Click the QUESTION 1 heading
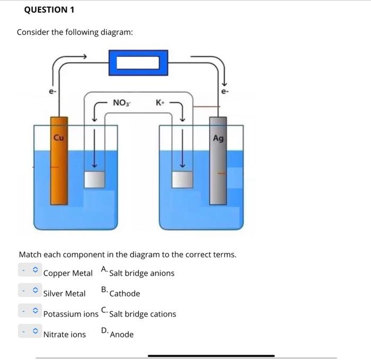pos(49,10)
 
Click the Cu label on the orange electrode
pos(59,138)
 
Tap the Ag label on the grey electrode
pos(218,138)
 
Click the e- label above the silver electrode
pos(225,92)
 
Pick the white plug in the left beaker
pos(95,180)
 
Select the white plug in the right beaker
pos(181,179)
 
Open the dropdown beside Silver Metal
pos(30,291)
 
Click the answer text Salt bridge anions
pos(142,273)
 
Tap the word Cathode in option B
pos(125,293)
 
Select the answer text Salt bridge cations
pos(143,314)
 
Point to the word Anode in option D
pos(122,335)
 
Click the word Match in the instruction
pos(30,255)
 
